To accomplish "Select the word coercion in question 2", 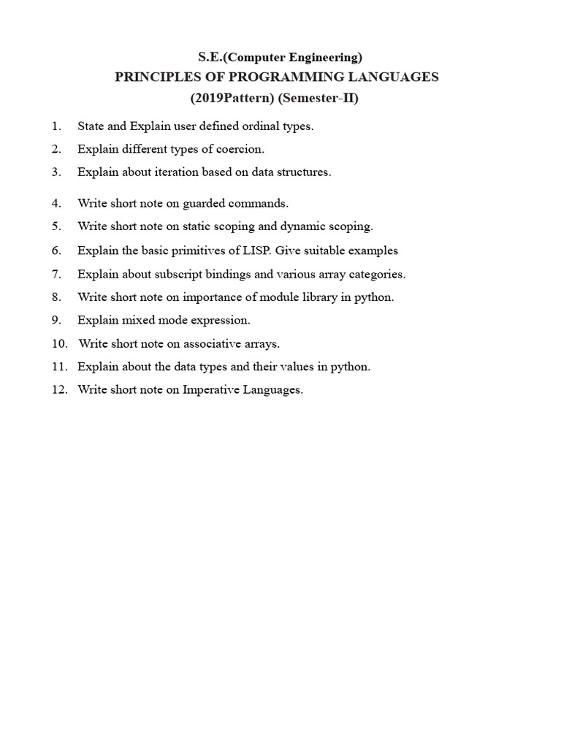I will (241, 150).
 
